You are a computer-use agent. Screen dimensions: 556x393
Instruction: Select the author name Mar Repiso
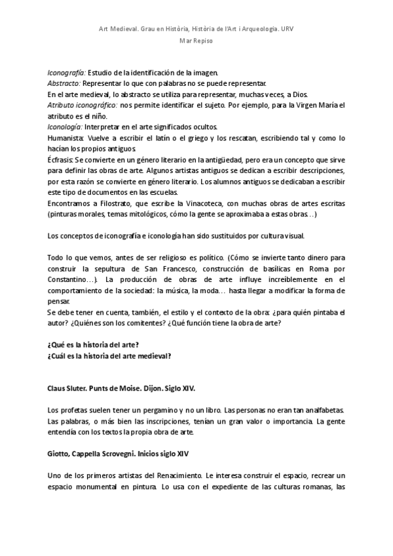[196, 41]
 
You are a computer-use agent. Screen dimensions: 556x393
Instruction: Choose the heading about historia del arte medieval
[109, 356]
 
